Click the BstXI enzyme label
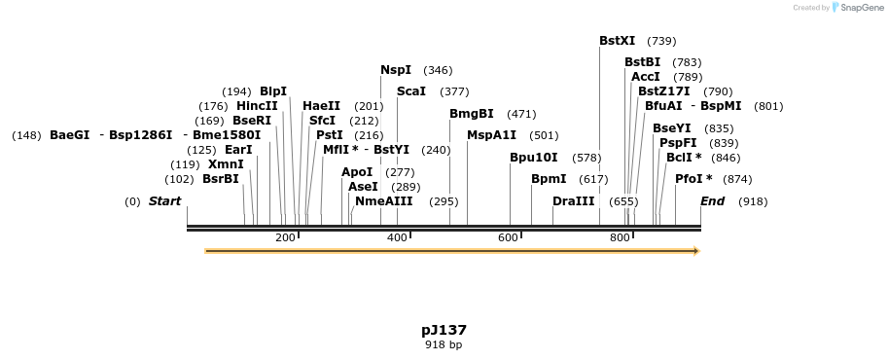pyautogui.click(x=617, y=41)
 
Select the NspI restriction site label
pyautogui.click(x=396, y=70)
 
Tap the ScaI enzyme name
pyautogui.click(x=411, y=91)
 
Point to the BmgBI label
pyautogui.click(x=472, y=114)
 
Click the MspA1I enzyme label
pyautogui.click(x=492, y=135)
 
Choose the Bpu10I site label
pyautogui.click(x=534, y=158)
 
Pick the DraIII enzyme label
pyautogui.click(x=573, y=201)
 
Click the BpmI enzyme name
pyautogui.click(x=549, y=179)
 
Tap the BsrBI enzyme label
pyautogui.click(x=220, y=179)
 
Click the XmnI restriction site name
pyautogui.click(x=226, y=164)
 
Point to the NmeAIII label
pyautogui.click(x=384, y=201)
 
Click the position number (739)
pyautogui.click(x=661, y=41)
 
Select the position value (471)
pyautogui.click(x=521, y=114)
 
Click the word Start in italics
pyautogui.click(x=164, y=201)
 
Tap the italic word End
pyautogui.click(x=713, y=201)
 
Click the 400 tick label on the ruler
pyautogui.click(x=397, y=238)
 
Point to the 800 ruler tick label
pyautogui.click(x=620, y=238)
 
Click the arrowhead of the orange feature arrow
pyautogui.click(x=695, y=251)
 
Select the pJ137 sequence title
pyautogui.click(x=444, y=330)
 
